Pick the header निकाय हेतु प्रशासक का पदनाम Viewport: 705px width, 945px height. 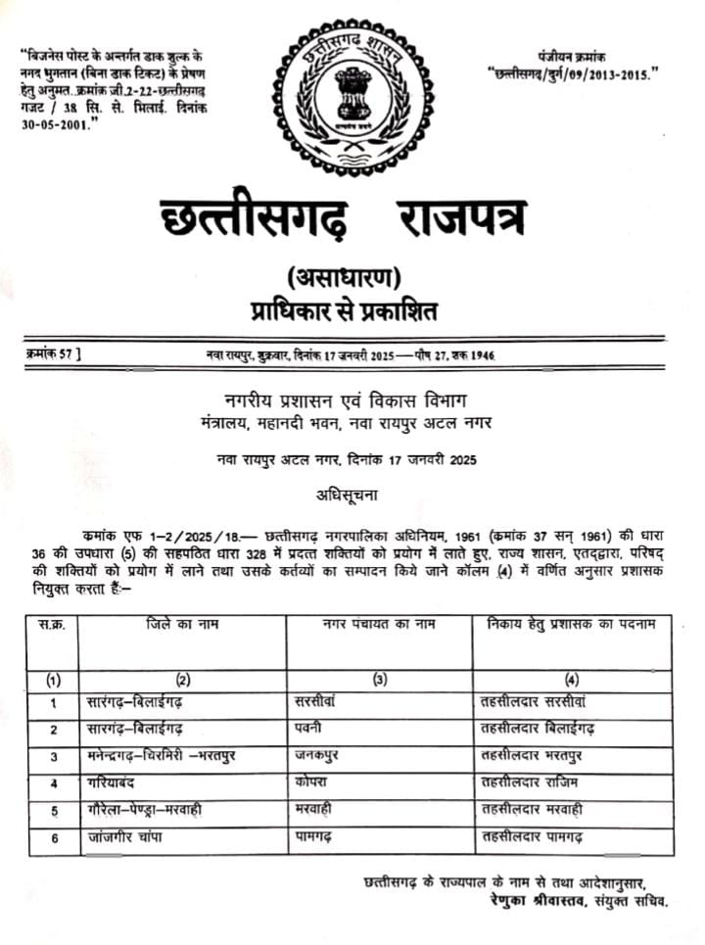click(x=570, y=626)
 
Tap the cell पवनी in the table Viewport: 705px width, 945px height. click(x=308, y=730)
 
